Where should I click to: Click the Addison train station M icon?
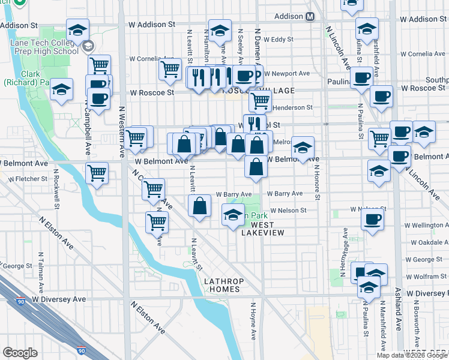(x=310, y=17)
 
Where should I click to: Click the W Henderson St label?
(x=292, y=107)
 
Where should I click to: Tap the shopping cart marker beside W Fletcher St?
(x=97, y=174)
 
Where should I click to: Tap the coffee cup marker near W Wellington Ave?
(x=372, y=219)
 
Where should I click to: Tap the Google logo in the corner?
(x=20, y=353)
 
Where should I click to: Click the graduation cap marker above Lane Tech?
(x=77, y=30)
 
